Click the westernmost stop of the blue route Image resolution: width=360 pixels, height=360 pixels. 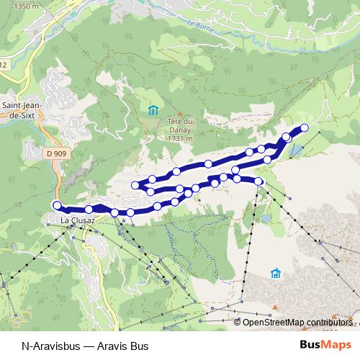(x=58, y=205)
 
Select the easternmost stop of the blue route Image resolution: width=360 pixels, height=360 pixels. (x=304, y=128)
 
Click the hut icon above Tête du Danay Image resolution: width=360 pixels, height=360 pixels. (x=153, y=110)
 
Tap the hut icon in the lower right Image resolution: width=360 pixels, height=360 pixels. (x=275, y=273)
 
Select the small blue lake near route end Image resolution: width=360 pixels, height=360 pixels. (x=295, y=150)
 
